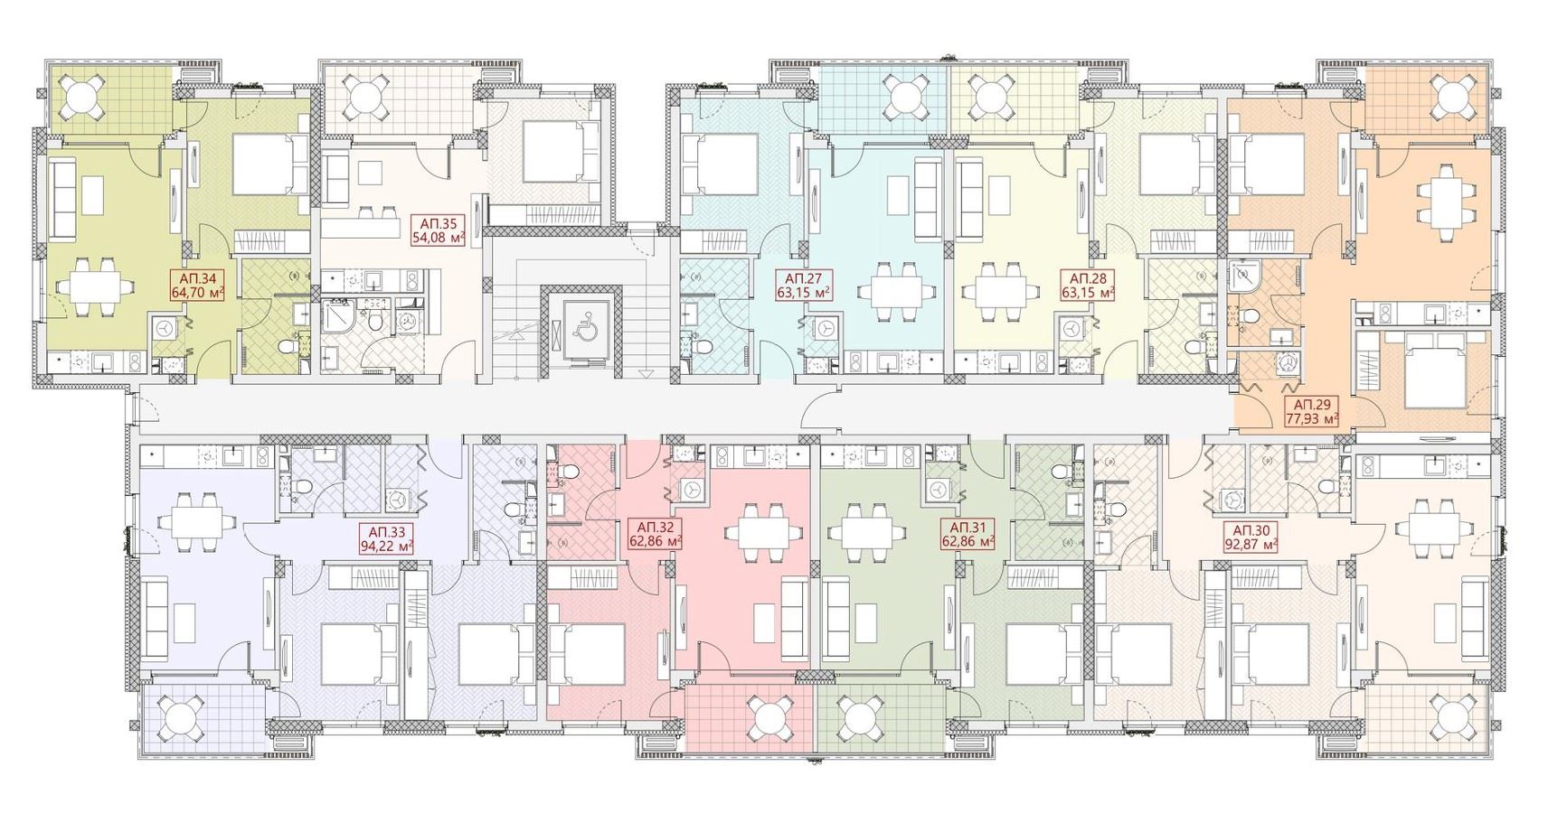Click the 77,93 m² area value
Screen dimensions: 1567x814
1313,418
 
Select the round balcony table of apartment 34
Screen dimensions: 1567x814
83,96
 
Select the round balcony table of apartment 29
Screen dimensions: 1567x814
1453,96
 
